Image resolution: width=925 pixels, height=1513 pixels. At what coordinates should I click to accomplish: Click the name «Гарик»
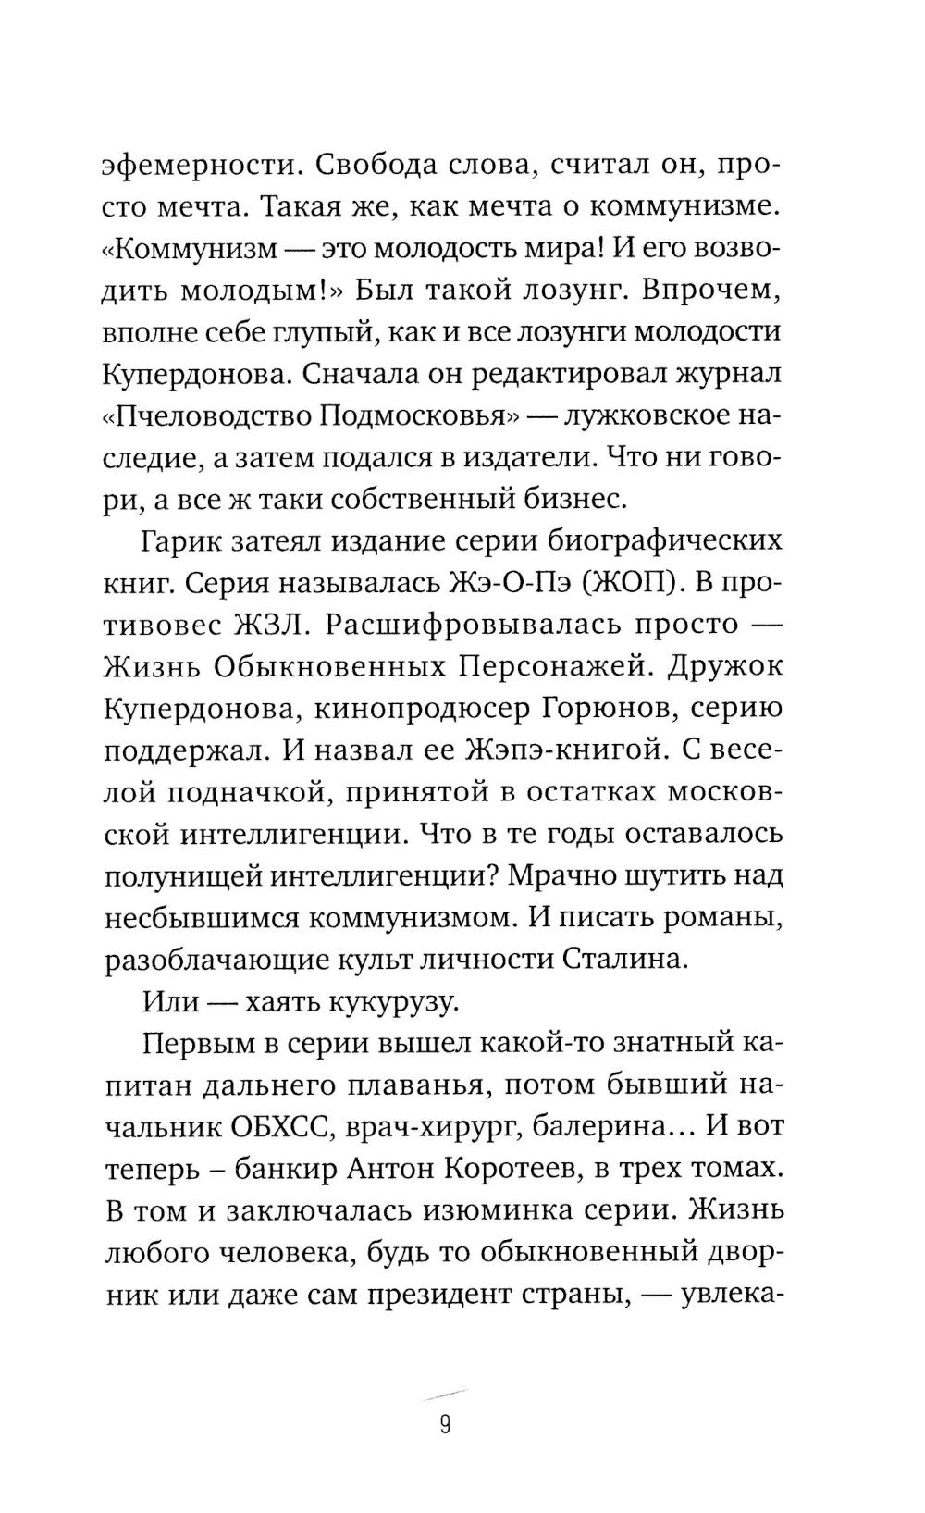(184, 541)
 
